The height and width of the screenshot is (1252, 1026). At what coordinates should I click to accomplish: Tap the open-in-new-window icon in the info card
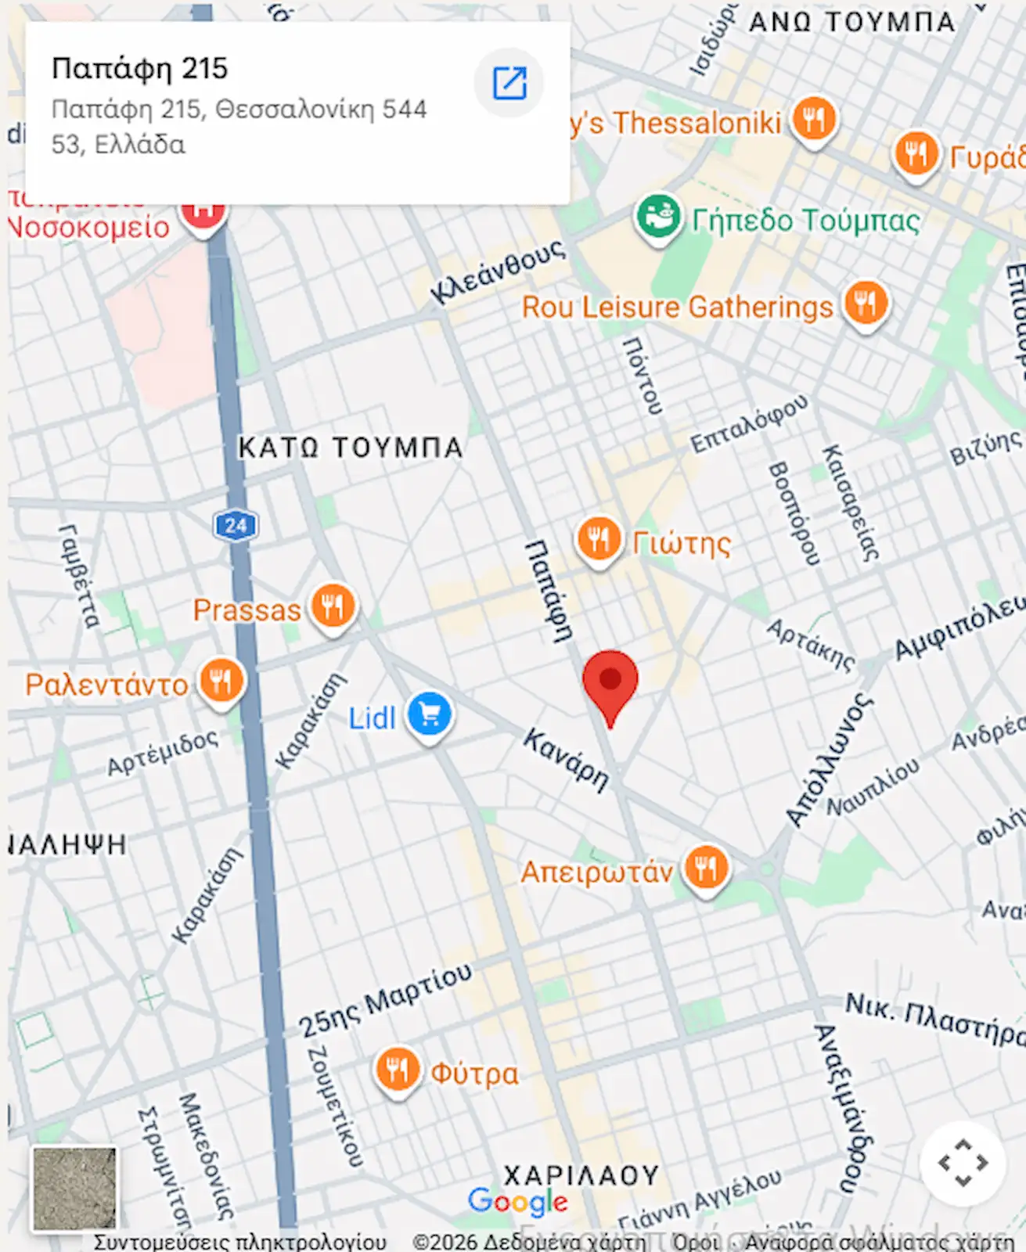click(509, 83)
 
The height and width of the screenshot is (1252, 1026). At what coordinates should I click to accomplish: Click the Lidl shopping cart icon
click(430, 714)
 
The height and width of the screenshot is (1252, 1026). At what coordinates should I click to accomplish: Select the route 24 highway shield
click(236, 525)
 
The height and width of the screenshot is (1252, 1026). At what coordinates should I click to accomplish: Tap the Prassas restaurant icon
click(333, 606)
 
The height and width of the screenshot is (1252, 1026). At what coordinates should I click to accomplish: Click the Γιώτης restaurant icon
click(599, 539)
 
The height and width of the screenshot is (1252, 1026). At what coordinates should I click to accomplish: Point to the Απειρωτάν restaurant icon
click(706, 869)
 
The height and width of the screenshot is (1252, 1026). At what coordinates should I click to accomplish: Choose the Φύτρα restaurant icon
click(397, 1070)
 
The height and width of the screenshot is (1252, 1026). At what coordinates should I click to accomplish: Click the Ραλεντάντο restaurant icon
click(221, 682)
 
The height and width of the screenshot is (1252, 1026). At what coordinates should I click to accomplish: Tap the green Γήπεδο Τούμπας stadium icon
click(657, 217)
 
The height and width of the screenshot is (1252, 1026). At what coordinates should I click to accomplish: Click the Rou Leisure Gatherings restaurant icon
click(866, 303)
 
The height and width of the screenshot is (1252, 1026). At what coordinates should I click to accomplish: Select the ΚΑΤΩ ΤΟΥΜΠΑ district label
click(350, 448)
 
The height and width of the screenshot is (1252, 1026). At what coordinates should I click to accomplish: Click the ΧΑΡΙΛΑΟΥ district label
click(581, 1175)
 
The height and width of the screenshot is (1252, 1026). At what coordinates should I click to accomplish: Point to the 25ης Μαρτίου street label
click(386, 1000)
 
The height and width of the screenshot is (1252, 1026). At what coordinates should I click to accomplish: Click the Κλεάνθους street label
click(498, 271)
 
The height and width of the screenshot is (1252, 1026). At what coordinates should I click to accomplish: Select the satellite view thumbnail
click(74, 1189)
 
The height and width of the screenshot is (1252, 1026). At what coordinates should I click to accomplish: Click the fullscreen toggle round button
click(963, 1164)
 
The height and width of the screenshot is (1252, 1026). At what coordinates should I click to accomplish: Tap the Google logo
click(517, 1202)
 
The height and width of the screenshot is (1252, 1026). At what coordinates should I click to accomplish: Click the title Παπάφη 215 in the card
click(139, 69)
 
